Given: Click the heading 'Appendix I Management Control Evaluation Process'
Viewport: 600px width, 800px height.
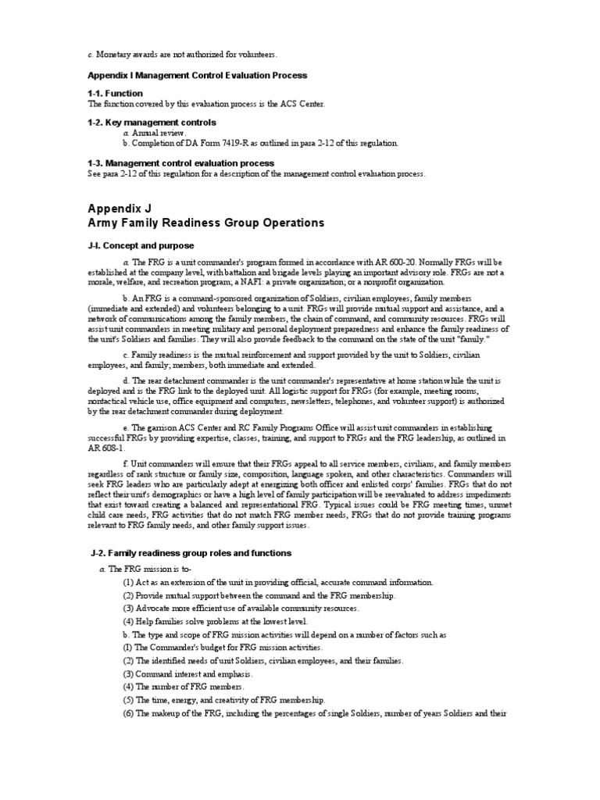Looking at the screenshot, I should pyautogui.click(x=197, y=75).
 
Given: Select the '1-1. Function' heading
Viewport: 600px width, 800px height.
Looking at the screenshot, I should pyautogui.click(x=115, y=94).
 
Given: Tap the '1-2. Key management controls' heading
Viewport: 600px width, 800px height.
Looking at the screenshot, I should pyautogui.click(x=152, y=123).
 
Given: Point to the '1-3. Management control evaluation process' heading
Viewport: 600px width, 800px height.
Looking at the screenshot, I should pyautogui.click(x=180, y=162).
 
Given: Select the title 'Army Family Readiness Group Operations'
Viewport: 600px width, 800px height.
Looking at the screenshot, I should pyautogui.click(x=205, y=223).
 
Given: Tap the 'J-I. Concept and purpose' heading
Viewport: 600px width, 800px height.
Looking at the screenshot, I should pyautogui.click(x=141, y=245).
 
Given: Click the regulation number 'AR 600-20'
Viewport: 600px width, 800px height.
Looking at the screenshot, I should pyautogui.click(x=432, y=261).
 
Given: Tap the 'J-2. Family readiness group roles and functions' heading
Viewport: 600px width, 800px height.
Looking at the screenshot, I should pyautogui.click(x=190, y=553).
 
